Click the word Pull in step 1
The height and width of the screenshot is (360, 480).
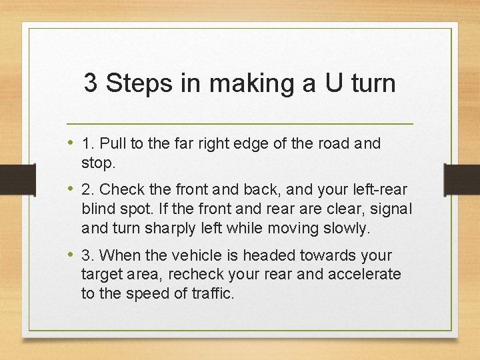point(114,144)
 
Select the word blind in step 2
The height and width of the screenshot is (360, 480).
point(97,209)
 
